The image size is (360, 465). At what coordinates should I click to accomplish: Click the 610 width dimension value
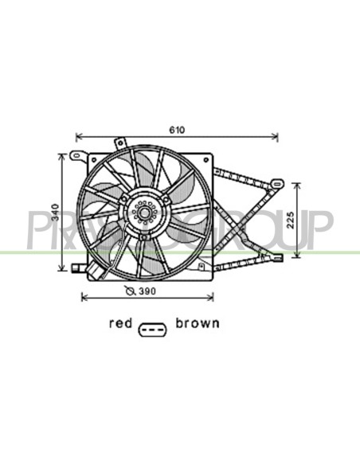[177, 130]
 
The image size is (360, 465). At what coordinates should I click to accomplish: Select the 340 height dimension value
[56, 213]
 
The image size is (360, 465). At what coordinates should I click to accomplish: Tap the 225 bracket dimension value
[291, 220]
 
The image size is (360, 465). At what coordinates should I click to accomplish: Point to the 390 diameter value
[147, 291]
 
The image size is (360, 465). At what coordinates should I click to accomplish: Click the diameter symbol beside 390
[130, 291]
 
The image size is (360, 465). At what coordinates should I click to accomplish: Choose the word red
[120, 323]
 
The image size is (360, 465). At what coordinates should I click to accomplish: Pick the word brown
[198, 323]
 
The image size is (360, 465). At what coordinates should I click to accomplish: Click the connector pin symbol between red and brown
[153, 330]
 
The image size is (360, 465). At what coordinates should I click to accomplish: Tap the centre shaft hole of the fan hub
[144, 213]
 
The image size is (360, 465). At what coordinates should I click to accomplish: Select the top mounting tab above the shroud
[120, 143]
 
